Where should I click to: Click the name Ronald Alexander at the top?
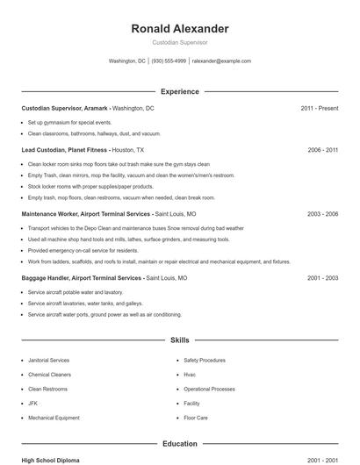[x=180, y=29]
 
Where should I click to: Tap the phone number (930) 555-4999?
[x=169, y=61]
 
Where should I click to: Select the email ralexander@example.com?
[x=221, y=61]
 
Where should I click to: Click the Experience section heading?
[x=180, y=91]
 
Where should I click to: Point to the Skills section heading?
[x=180, y=340]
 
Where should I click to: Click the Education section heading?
[x=180, y=444]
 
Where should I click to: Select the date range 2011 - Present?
[x=319, y=108]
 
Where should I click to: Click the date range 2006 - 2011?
[x=323, y=150]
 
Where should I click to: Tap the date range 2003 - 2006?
[x=323, y=213]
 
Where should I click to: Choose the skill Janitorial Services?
[x=48, y=360]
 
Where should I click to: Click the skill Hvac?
[x=191, y=375]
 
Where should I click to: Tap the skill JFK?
[x=33, y=404]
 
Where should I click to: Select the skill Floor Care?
[x=196, y=418]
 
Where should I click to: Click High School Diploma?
[x=51, y=460]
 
